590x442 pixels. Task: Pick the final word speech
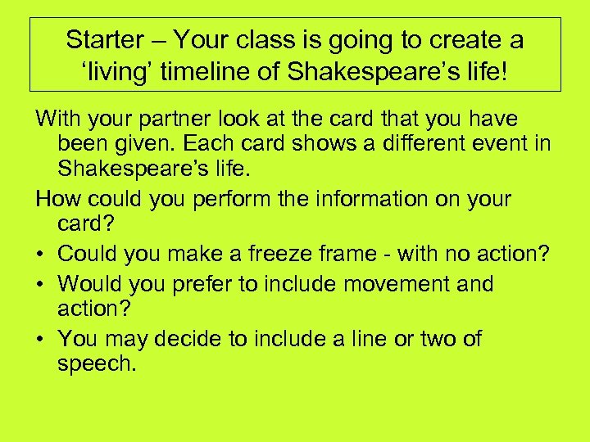coord(96,364)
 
